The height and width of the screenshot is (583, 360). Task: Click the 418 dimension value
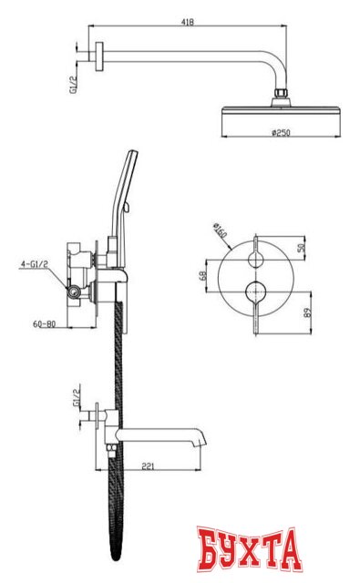(188, 22)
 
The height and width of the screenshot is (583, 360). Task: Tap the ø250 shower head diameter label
(281, 133)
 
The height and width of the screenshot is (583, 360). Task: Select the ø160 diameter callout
(220, 230)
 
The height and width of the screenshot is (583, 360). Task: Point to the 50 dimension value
(303, 247)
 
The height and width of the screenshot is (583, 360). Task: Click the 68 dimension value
(203, 275)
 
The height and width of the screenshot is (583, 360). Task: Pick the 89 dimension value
(308, 312)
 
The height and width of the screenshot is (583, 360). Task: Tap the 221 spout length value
(148, 465)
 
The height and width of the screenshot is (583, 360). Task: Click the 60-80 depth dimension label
(45, 324)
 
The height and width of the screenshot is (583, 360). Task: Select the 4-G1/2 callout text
(35, 264)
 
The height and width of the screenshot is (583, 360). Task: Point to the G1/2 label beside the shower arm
(73, 85)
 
